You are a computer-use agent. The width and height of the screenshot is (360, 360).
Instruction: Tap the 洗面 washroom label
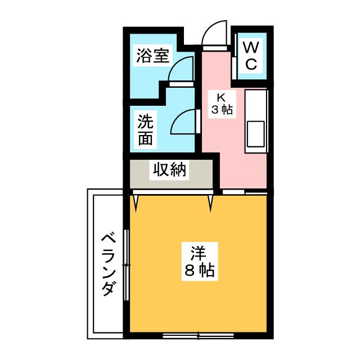point(146,130)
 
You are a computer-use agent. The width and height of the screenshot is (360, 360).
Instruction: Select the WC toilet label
point(251,54)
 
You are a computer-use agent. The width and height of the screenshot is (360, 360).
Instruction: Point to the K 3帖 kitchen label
point(222,103)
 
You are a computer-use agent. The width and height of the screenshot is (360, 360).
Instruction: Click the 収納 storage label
point(168,169)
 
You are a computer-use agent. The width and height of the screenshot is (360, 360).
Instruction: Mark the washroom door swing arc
point(183,120)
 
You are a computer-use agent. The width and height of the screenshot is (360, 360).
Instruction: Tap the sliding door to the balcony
point(127,264)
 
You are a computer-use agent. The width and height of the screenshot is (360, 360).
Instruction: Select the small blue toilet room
point(250,55)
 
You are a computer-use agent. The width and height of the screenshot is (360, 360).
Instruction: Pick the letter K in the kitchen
point(222,96)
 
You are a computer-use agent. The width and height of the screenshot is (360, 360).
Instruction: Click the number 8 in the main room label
point(190,272)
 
